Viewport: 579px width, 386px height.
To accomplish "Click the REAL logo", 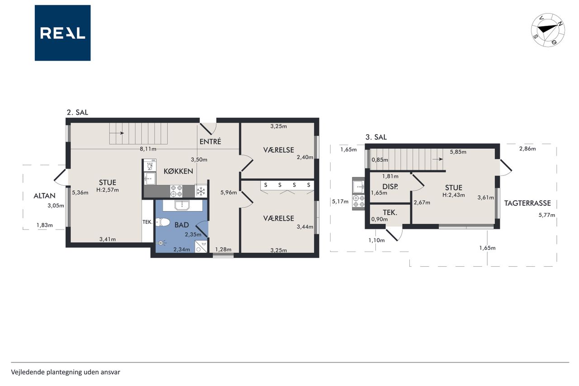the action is pos(62,33).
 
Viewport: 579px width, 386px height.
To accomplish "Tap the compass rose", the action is pos(548,30).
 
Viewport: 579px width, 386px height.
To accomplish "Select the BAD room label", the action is pos(181,225).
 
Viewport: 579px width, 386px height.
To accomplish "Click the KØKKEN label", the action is pos(178,171).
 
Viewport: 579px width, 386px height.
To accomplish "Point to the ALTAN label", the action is pos(44,196).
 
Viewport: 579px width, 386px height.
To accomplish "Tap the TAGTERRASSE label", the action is pos(527,203).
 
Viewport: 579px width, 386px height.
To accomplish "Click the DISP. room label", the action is pos(390,187).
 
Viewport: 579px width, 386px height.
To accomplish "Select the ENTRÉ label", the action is pos(210,141).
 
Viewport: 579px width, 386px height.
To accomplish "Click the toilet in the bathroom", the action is pos(162,222).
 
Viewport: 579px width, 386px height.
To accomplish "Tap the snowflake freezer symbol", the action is pos(201,192).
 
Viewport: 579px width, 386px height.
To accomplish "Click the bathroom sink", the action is pos(182,205).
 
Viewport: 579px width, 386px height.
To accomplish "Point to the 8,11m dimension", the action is pos(148,149).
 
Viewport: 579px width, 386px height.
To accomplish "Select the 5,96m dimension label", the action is pos(228,192).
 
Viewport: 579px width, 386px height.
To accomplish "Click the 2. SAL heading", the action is pos(77,113).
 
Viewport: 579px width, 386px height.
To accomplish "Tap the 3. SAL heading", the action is pos(376,137).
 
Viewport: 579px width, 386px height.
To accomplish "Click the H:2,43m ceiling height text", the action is pos(454,195).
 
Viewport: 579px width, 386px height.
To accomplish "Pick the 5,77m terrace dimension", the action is pos(547,215).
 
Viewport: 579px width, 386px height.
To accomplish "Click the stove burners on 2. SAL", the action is pos(176,191).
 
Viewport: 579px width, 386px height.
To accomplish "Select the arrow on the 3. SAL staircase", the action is pos(437,160).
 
